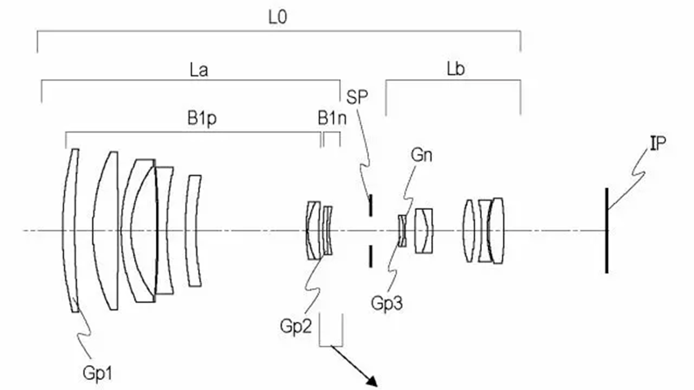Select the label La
click(199, 70)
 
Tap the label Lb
click(456, 69)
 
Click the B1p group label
click(202, 118)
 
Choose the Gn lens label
click(421, 155)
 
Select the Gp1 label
click(97, 373)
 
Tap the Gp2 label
click(296, 326)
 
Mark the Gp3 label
click(387, 303)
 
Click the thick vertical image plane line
click(607, 231)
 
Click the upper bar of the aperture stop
click(371, 205)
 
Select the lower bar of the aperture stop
click(371, 256)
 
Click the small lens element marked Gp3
click(402, 231)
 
